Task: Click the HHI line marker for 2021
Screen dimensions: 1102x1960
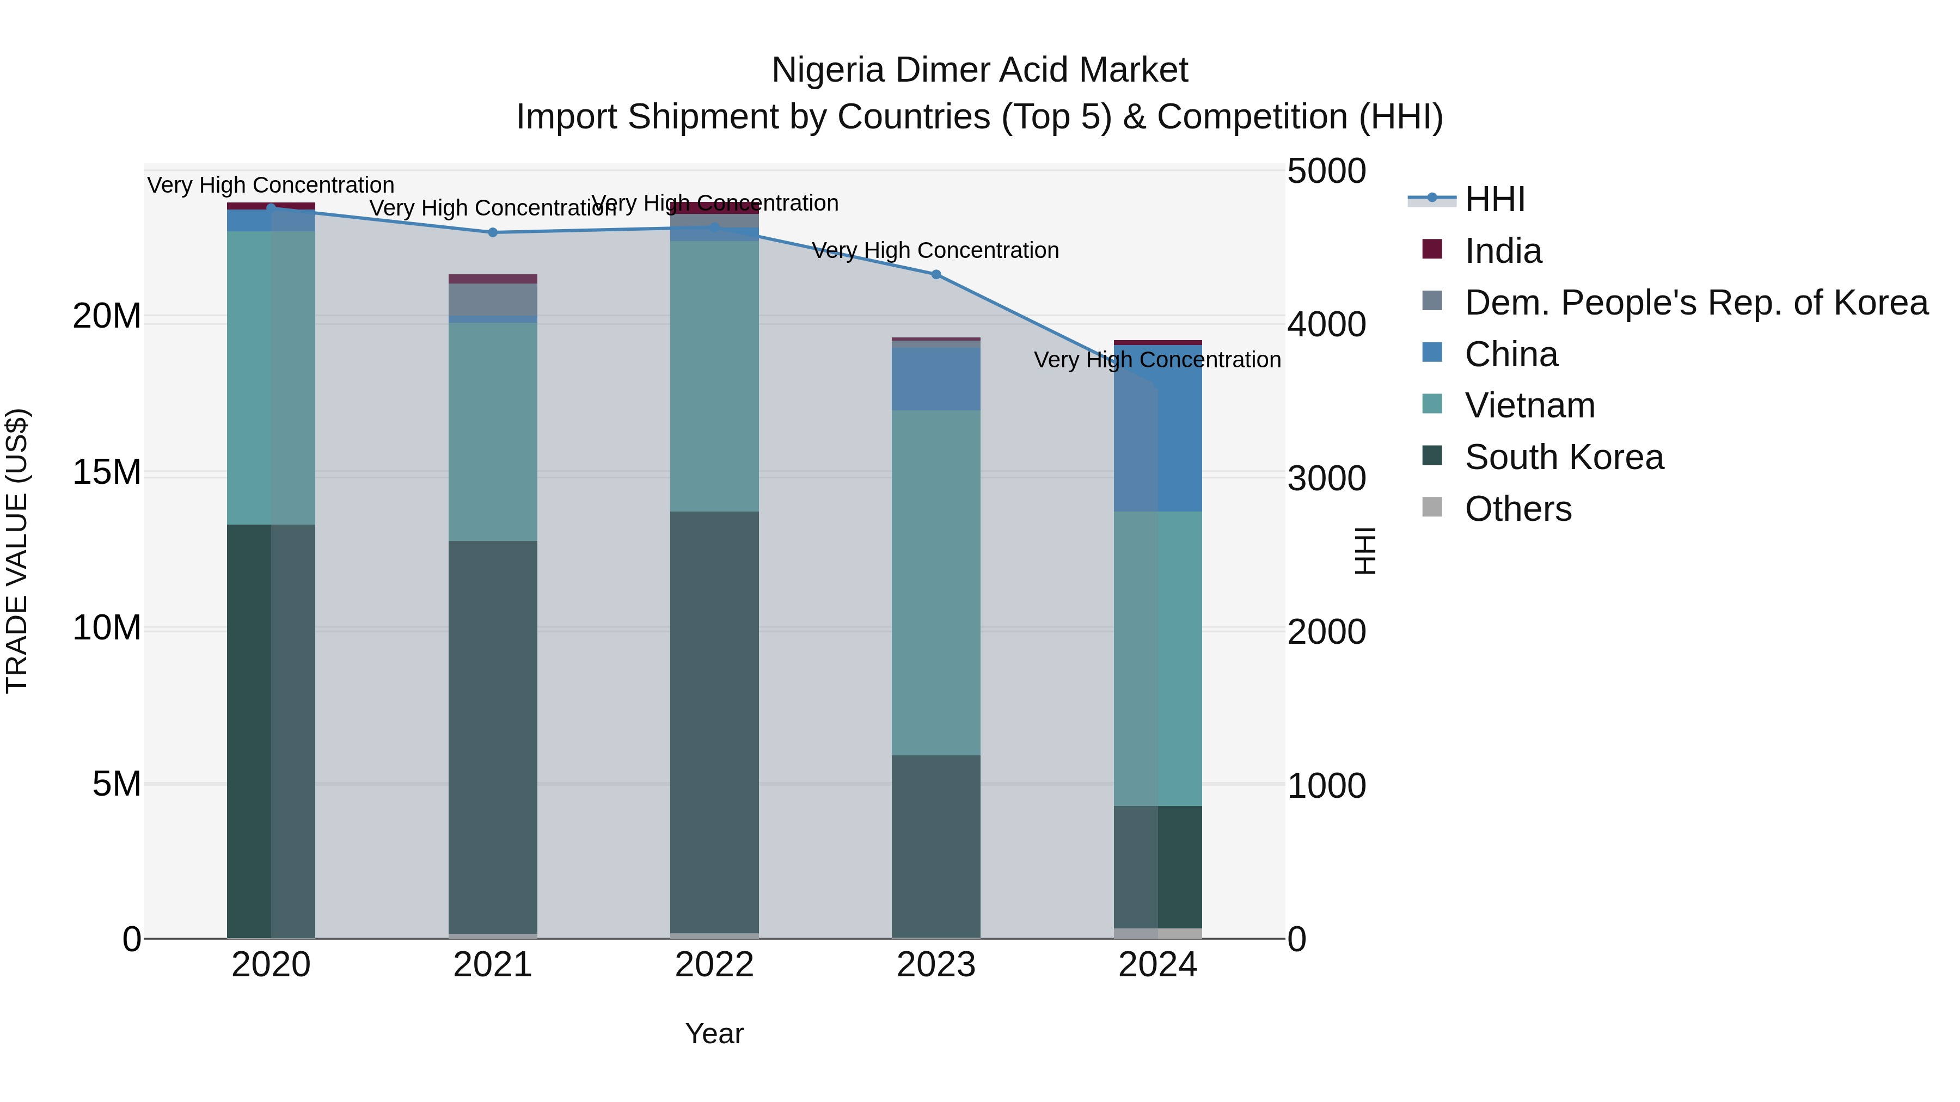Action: (492, 233)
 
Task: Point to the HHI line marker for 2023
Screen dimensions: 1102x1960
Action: (936, 275)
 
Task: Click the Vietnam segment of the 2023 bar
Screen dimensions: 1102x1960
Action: (936, 582)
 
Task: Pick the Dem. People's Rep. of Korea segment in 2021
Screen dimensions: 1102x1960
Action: (492, 300)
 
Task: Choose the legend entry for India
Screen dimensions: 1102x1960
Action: (1503, 251)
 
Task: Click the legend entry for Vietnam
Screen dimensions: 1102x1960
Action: (1529, 405)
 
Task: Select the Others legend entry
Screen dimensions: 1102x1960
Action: (1518, 509)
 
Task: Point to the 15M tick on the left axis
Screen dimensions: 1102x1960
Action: (107, 472)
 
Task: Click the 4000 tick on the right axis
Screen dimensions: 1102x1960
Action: (1326, 325)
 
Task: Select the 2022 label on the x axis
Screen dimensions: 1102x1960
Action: (714, 965)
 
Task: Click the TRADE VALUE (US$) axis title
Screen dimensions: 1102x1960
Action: (17, 551)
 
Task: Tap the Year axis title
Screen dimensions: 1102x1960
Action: (714, 1033)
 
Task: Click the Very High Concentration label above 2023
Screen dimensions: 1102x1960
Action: (935, 250)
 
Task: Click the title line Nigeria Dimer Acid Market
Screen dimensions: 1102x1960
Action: (979, 70)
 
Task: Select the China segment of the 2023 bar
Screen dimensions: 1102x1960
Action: (936, 379)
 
